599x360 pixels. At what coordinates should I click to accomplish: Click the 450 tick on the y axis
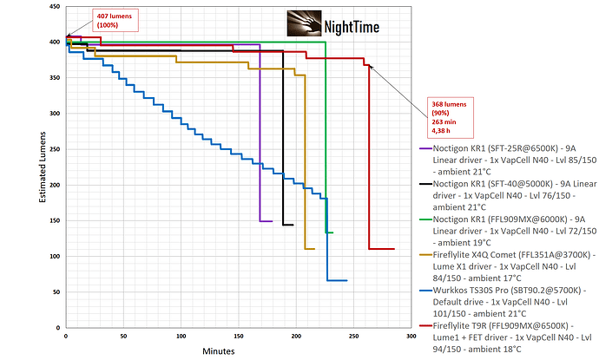(x=55, y=6)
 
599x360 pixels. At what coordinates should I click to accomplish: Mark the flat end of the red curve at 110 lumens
(x=381, y=249)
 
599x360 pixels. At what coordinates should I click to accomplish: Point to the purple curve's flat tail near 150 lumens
(x=267, y=221)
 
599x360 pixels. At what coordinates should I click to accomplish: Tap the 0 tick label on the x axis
(x=66, y=335)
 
